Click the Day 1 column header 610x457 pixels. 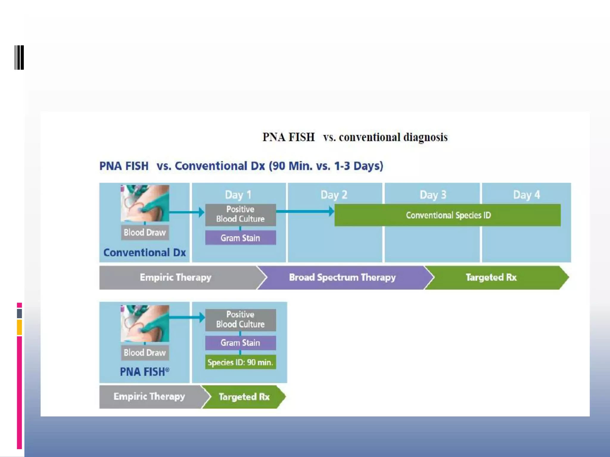coord(238,195)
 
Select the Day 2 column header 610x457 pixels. coord(334,195)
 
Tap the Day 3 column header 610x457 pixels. coord(433,195)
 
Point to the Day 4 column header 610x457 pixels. coord(526,195)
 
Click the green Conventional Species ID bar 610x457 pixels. coord(448,215)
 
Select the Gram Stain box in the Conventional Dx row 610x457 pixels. coord(240,238)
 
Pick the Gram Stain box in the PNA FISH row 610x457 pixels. coord(240,343)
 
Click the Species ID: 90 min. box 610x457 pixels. coord(240,362)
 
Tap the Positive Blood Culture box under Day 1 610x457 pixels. coord(240,214)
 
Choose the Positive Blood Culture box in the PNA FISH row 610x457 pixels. coord(240,320)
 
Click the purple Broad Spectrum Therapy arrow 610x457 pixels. coord(343,278)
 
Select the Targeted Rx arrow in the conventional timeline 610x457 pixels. coord(491,278)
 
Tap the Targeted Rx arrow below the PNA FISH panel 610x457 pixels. coord(244,397)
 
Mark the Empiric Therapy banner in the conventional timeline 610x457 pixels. coord(176,278)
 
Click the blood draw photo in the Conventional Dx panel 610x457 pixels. coord(145,203)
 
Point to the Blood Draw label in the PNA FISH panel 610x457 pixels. coord(145,353)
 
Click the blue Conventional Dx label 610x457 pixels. coord(144,253)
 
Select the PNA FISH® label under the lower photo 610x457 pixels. coord(144,372)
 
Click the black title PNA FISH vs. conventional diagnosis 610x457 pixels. coord(354,137)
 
